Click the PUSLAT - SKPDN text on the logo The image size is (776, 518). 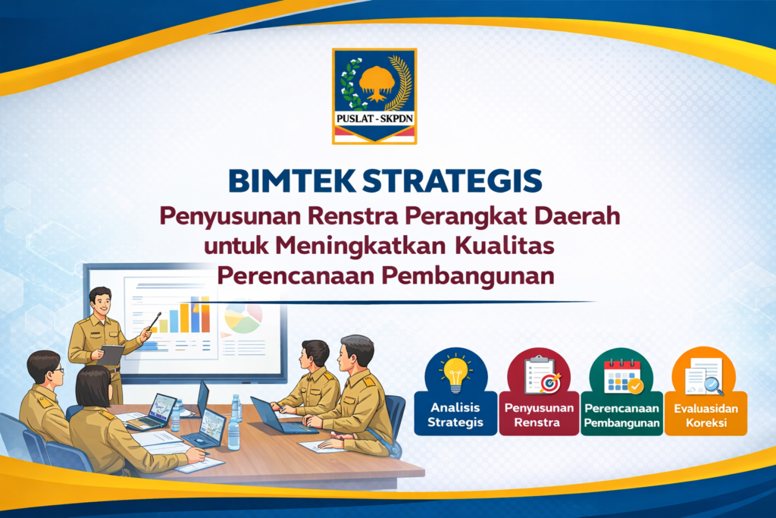click(374, 118)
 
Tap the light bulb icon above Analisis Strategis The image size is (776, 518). click(455, 372)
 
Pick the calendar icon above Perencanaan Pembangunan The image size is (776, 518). click(622, 374)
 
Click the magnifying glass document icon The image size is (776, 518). click(704, 375)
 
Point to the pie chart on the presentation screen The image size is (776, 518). click(242, 318)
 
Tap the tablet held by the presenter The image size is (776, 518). click(112, 353)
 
